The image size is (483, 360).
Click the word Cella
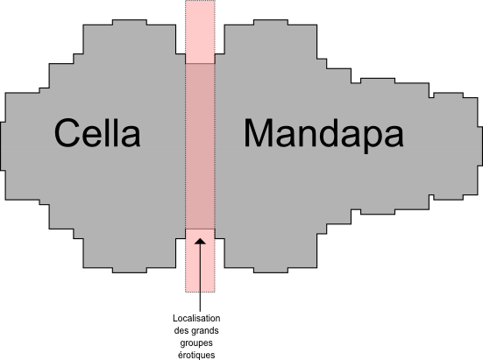pyautogui.click(x=97, y=133)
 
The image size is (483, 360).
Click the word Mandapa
pyautogui.click(x=323, y=136)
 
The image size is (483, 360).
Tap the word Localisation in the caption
pyautogui.click(x=196, y=318)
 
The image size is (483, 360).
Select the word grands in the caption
pyautogui.click(x=205, y=331)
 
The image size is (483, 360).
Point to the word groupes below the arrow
pyautogui.click(x=196, y=343)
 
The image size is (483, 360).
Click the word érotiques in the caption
pyautogui.click(x=196, y=355)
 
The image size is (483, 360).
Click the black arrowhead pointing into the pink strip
pyautogui.click(x=200, y=241)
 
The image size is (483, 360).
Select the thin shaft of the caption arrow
pyautogui.click(x=200, y=278)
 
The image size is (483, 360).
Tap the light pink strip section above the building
pyautogui.click(x=200, y=32)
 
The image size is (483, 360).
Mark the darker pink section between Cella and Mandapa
pyautogui.click(x=200, y=146)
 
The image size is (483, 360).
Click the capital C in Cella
pyautogui.click(x=65, y=133)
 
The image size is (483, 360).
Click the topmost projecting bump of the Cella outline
pyautogui.click(x=130, y=22)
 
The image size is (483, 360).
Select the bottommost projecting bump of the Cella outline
pyautogui.click(x=130, y=270)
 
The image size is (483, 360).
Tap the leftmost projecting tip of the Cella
pyautogui.click(x=3, y=146)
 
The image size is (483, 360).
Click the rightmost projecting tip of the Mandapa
pyautogui.click(x=479, y=146)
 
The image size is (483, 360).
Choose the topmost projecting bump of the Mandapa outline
pyautogui.click(x=271, y=22)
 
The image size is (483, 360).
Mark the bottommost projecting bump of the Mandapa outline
pyautogui.click(x=271, y=270)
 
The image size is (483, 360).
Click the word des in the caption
pyautogui.click(x=181, y=331)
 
